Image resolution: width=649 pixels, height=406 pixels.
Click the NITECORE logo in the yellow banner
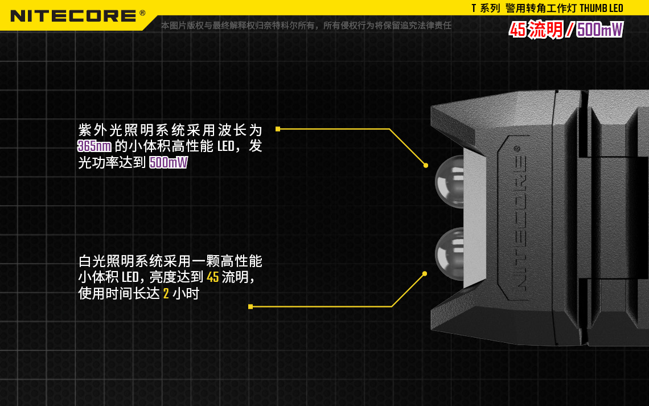pyautogui.click(x=73, y=16)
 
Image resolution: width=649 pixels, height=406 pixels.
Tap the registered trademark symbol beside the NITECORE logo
pyautogui.click(x=142, y=13)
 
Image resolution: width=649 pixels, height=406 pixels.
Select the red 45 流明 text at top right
pyautogui.click(x=536, y=30)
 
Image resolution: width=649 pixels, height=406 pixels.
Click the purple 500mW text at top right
pyautogui.click(x=599, y=30)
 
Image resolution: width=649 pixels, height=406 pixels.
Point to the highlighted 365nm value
pyautogui.click(x=95, y=146)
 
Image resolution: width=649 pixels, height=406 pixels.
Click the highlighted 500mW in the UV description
pyautogui.click(x=169, y=162)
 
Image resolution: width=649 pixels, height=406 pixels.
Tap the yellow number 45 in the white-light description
pyautogui.click(x=213, y=277)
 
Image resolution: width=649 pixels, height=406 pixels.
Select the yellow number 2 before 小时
pyautogui.click(x=166, y=293)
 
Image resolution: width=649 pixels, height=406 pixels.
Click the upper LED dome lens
pyautogui.click(x=450, y=182)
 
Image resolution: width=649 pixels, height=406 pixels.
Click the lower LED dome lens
pyautogui.click(x=450, y=254)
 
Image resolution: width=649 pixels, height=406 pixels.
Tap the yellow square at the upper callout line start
pyautogui.click(x=278, y=129)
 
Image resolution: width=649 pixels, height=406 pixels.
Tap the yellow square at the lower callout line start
pyautogui.click(x=250, y=307)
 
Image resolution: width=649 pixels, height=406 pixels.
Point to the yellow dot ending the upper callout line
pyautogui.click(x=426, y=166)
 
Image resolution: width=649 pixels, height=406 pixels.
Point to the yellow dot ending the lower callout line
pyautogui.click(x=425, y=273)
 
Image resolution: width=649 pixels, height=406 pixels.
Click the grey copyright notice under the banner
pyautogui.click(x=306, y=26)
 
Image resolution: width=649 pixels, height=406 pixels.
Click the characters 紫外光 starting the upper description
pyautogui.click(x=101, y=130)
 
